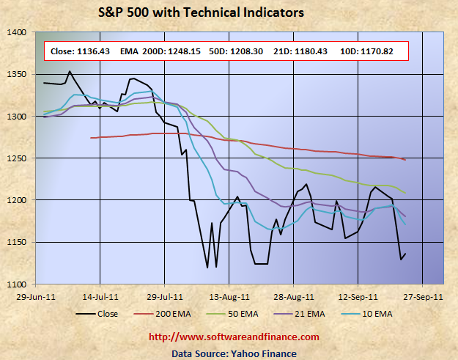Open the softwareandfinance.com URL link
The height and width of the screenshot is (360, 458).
(x=234, y=337)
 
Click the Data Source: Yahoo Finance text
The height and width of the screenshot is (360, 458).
(x=234, y=353)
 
